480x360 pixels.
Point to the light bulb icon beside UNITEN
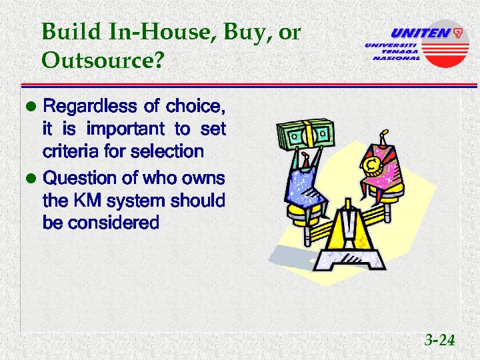pos(458,33)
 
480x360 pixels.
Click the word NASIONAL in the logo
pos(396,58)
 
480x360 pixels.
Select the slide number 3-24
pos(439,341)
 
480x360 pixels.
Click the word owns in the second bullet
pos(205,178)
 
